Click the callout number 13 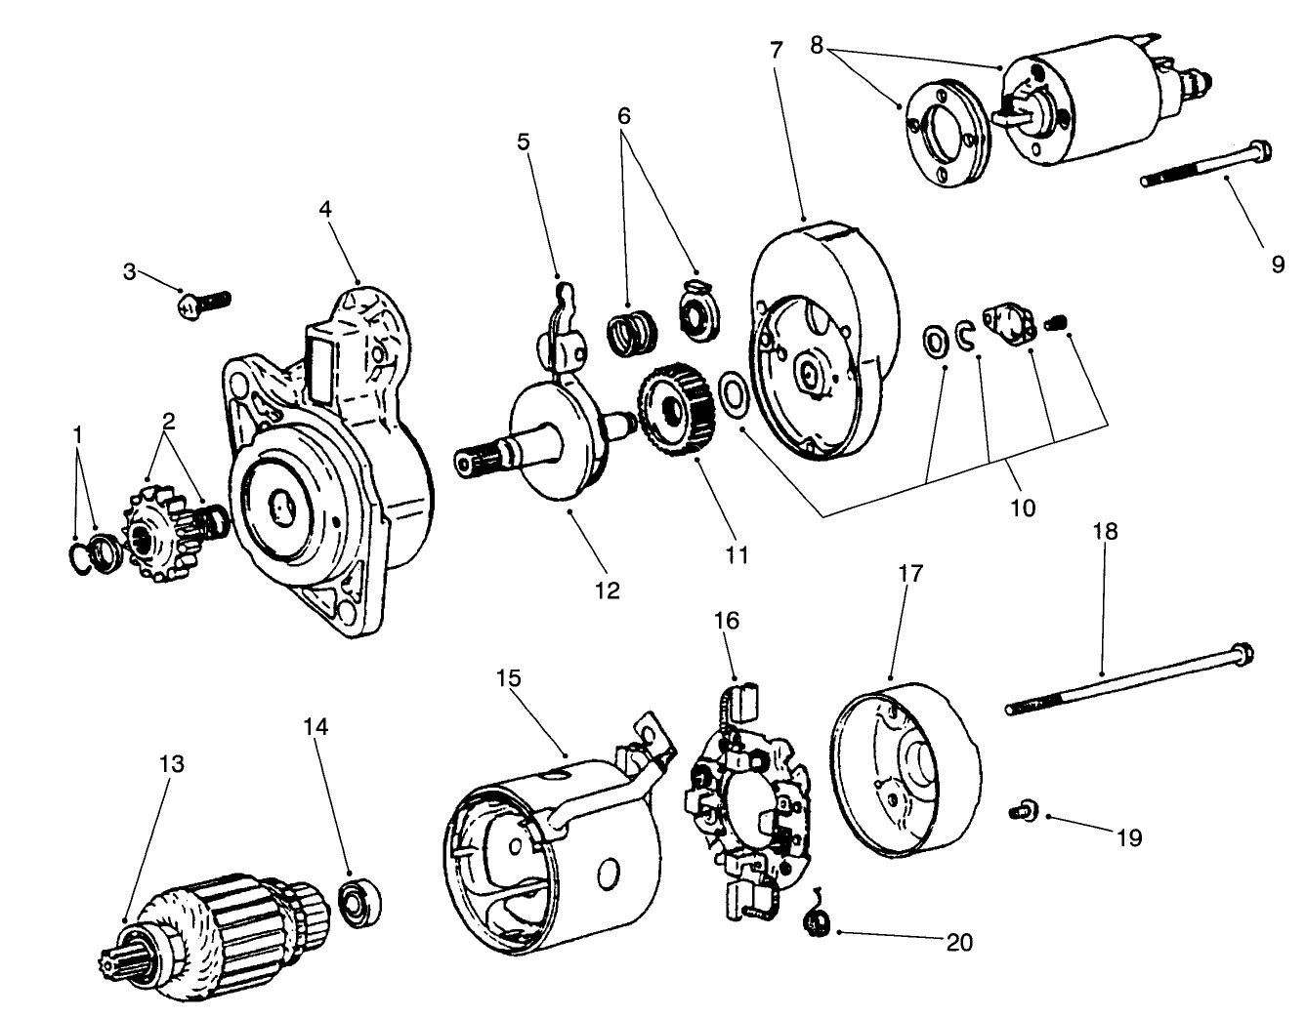pyautogui.click(x=172, y=762)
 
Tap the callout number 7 pyautogui.click(x=777, y=51)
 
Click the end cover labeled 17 pyautogui.click(x=904, y=770)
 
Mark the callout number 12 pyautogui.click(x=607, y=590)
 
